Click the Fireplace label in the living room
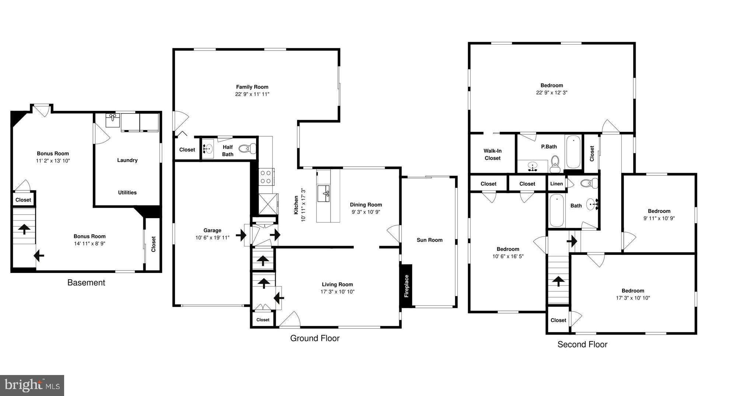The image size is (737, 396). click(406, 286)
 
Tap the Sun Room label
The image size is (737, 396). click(429, 240)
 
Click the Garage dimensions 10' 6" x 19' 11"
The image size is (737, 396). click(212, 238)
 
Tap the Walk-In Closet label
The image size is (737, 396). click(493, 154)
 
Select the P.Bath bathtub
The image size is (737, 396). click(573, 152)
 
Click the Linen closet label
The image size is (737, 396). click(556, 184)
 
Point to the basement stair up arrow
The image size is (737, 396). click(24, 229)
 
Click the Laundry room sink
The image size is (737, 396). click(113, 120)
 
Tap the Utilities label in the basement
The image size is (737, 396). click(127, 193)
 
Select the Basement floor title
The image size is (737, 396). click(86, 283)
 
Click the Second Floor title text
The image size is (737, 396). click(582, 344)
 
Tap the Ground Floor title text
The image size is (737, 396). click(315, 338)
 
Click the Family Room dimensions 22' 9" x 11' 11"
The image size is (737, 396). click(252, 94)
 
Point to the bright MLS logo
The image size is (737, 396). click(32, 385)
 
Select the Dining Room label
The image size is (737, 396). click(366, 205)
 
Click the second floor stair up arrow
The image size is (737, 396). click(558, 281)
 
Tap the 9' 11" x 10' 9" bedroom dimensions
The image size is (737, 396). click(659, 218)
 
